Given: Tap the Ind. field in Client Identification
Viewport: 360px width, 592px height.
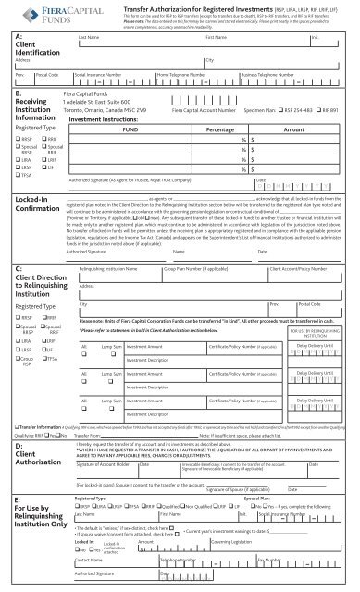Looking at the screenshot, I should click(343, 47).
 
